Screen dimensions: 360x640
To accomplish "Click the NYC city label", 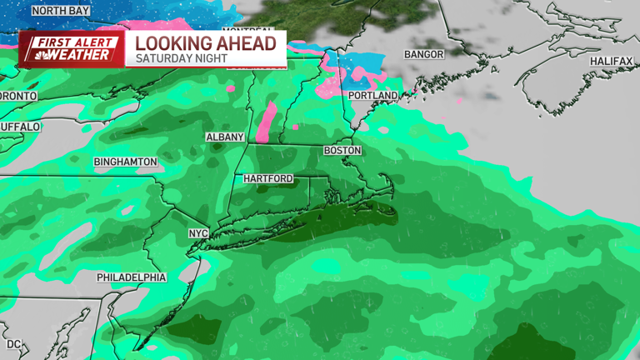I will (x=197, y=233).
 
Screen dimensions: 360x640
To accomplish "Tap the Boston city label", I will (x=342, y=151).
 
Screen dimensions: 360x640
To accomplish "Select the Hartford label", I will (x=268, y=179).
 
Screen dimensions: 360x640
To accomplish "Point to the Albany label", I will (x=225, y=137).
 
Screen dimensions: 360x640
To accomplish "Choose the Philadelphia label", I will (x=132, y=277).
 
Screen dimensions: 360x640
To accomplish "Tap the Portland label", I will (x=372, y=97).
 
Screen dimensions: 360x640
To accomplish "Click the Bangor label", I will (x=423, y=55).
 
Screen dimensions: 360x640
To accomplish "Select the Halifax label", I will (x=612, y=62).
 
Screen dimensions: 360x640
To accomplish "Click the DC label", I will (x=13, y=343).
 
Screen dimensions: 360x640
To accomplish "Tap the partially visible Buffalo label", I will (x=19, y=127).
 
